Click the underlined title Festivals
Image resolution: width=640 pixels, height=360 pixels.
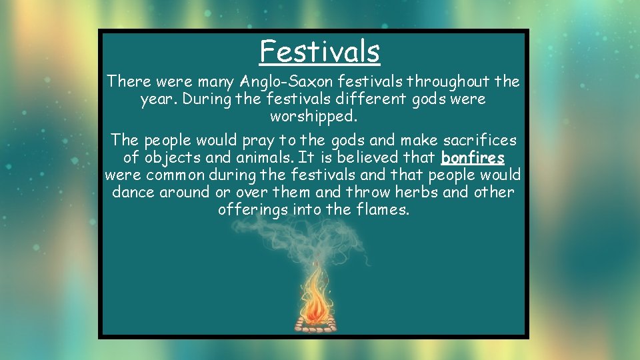pos(320,51)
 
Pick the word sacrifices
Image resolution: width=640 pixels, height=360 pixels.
pos(478,141)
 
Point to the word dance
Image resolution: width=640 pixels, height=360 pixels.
pos(133,193)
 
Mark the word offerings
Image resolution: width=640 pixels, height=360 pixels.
pos(251,210)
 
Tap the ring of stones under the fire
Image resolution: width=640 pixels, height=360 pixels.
pos(317,326)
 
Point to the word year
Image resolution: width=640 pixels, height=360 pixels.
pos(155,99)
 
